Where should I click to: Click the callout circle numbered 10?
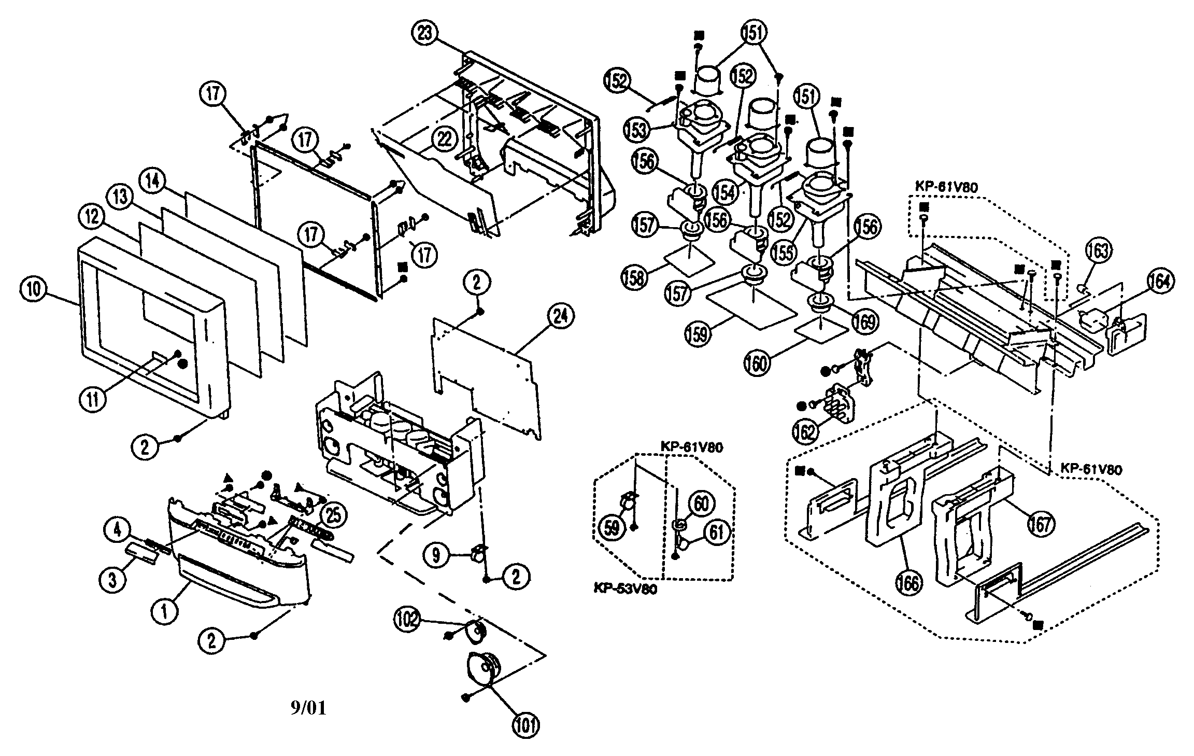34,289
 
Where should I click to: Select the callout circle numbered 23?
425,34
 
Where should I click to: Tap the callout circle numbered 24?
561,316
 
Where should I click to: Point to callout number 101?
526,725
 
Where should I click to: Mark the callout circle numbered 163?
1099,251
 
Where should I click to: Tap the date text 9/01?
308,708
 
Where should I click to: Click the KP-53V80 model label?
626,590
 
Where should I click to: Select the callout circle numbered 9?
436,555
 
